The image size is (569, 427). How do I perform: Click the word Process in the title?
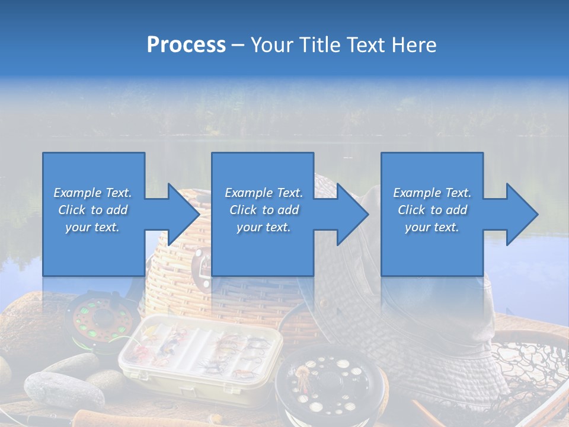click(x=186, y=45)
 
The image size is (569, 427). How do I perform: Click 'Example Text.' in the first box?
click(x=92, y=193)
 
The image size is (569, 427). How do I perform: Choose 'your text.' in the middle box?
click(x=263, y=227)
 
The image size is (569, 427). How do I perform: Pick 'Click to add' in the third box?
click(x=432, y=210)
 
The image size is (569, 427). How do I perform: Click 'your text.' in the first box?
click(x=92, y=227)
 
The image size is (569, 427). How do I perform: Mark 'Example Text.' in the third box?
click(x=432, y=193)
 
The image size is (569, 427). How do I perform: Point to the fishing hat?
click(x=415, y=332)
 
